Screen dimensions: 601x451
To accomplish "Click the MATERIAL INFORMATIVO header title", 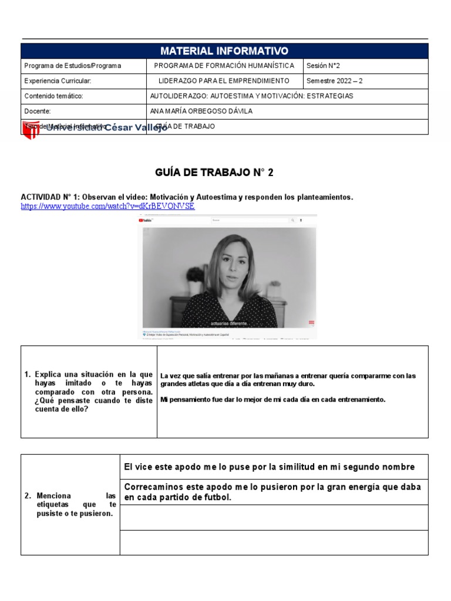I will point(224,51).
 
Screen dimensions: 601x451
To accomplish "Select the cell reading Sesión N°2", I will point(323,66).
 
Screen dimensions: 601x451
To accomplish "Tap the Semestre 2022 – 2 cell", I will point(335,80).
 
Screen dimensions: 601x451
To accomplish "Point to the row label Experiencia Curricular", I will point(58,80).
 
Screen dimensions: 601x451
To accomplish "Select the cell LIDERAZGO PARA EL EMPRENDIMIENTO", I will point(224,80).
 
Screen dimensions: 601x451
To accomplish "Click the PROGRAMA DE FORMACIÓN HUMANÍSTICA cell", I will point(224,66).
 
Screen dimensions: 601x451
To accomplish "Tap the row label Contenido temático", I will point(53,96).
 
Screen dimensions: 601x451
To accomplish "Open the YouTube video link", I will point(107,207).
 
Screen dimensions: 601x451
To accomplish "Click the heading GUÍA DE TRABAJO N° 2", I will point(214,173).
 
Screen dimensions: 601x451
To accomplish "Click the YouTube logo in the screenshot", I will point(146,221).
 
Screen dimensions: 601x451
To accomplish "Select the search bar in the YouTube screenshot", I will point(250,221).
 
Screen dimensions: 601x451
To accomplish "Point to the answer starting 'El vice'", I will point(269,467).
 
